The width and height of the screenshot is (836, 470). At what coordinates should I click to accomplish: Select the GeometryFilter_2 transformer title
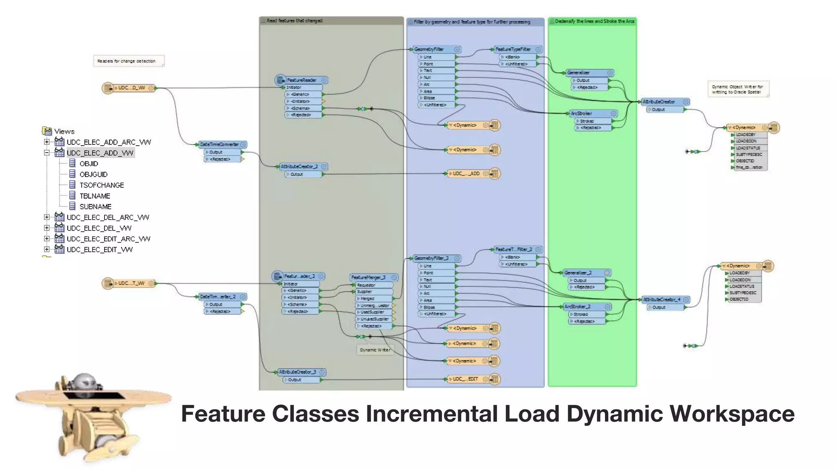[x=432, y=258]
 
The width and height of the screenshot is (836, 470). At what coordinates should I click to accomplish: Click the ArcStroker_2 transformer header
[x=578, y=306]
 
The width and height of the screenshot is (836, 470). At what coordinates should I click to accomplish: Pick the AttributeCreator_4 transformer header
[x=662, y=299]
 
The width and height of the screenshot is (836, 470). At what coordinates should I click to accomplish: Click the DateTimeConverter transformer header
[x=219, y=144]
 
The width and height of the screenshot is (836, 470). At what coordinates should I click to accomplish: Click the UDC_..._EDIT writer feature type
[x=465, y=379]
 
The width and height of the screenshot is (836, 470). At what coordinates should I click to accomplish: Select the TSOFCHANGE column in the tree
[x=102, y=185]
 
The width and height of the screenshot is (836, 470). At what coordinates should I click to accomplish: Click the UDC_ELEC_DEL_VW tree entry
[x=99, y=228]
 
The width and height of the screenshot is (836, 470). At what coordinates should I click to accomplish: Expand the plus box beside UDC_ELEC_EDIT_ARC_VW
[x=47, y=239]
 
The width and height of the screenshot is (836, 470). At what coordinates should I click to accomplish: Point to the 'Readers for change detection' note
[x=127, y=61]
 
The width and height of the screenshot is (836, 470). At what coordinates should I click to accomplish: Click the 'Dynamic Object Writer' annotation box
[x=737, y=89]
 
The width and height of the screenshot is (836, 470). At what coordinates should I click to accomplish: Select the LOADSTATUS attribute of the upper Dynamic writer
[x=748, y=148]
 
